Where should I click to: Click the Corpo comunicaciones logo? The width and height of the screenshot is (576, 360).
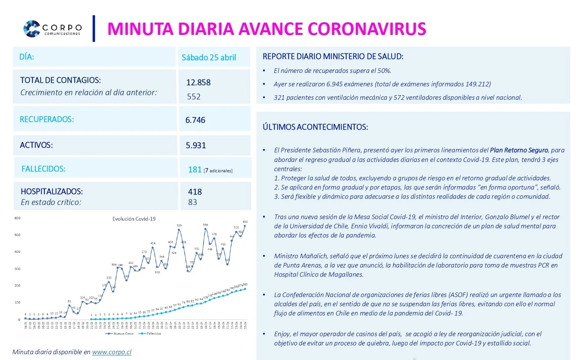(x=52, y=29)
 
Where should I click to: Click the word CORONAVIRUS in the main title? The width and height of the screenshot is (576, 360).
(x=367, y=29)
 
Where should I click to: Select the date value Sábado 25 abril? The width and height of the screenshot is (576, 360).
(x=209, y=58)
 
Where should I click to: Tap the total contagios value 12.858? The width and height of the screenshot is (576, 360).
(x=198, y=83)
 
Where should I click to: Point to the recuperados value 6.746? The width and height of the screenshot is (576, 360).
(x=195, y=120)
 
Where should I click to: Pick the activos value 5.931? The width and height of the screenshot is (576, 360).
(x=196, y=145)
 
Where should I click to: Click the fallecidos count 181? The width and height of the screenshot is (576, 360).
(x=195, y=170)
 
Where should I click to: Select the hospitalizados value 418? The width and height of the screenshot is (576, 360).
(x=195, y=192)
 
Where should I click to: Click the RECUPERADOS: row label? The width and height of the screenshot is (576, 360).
(x=47, y=119)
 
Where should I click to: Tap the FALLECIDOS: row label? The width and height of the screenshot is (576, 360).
(x=43, y=169)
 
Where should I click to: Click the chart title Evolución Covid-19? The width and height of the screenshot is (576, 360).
(x=134, y=219)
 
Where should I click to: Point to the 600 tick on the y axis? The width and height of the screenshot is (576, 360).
(x=17, y=218)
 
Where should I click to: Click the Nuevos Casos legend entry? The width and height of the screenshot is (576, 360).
(x=122, y=334)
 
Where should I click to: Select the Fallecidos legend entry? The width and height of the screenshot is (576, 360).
(x=153, y=334)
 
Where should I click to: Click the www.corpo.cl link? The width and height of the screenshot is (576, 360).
(x=112, y=352)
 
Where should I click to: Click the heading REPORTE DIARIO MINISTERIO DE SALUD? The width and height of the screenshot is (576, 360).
(x=333, y=56)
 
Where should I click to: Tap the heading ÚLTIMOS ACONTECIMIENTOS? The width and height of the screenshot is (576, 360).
(x=315, y=127)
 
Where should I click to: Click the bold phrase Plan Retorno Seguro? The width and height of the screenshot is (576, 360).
(x=519, y=150)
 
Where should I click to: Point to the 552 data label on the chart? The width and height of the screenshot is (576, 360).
(x=245, y=221)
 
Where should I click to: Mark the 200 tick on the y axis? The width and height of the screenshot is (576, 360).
(x=17, y=286)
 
